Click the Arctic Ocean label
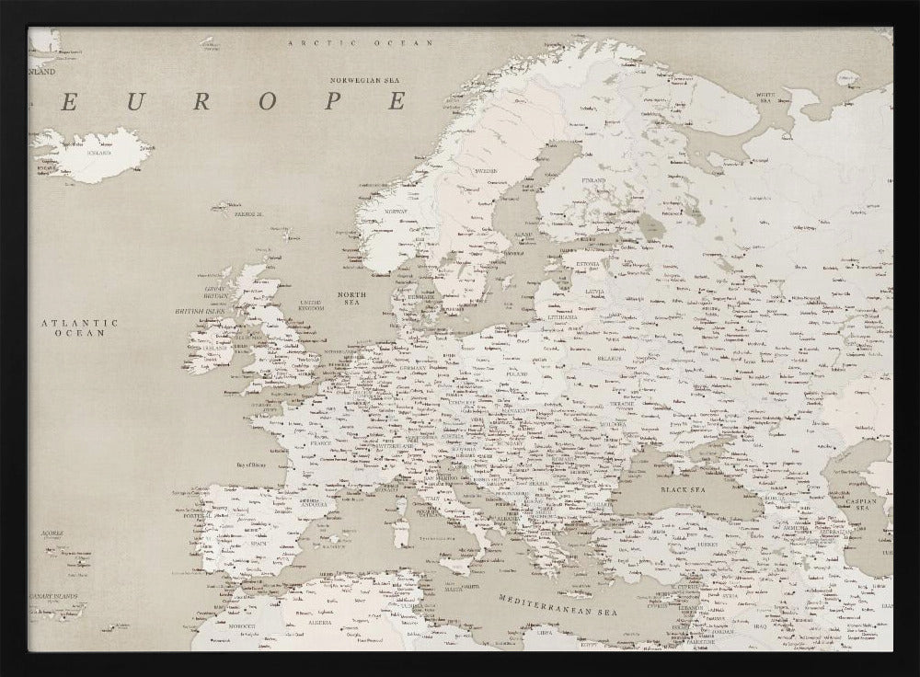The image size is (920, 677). click(x=360, y=43)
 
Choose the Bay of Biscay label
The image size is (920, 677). click(x=256, y=465)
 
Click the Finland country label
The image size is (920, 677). click(x=593, y=180)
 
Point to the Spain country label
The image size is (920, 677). click(x=259, y=544)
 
